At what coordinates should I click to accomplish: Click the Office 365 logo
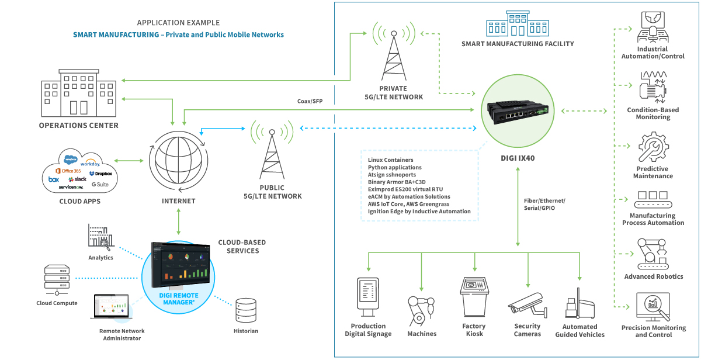click(x=67, y=170)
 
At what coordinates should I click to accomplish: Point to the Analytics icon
click(x=100, y=237)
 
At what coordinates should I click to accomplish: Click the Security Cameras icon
click(x=527, y=306)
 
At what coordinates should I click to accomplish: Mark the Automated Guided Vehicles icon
click(x=579, y=304)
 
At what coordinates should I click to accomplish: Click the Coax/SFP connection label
click(x=310, y=101)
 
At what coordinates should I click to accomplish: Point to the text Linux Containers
click(x=390, y=160)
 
